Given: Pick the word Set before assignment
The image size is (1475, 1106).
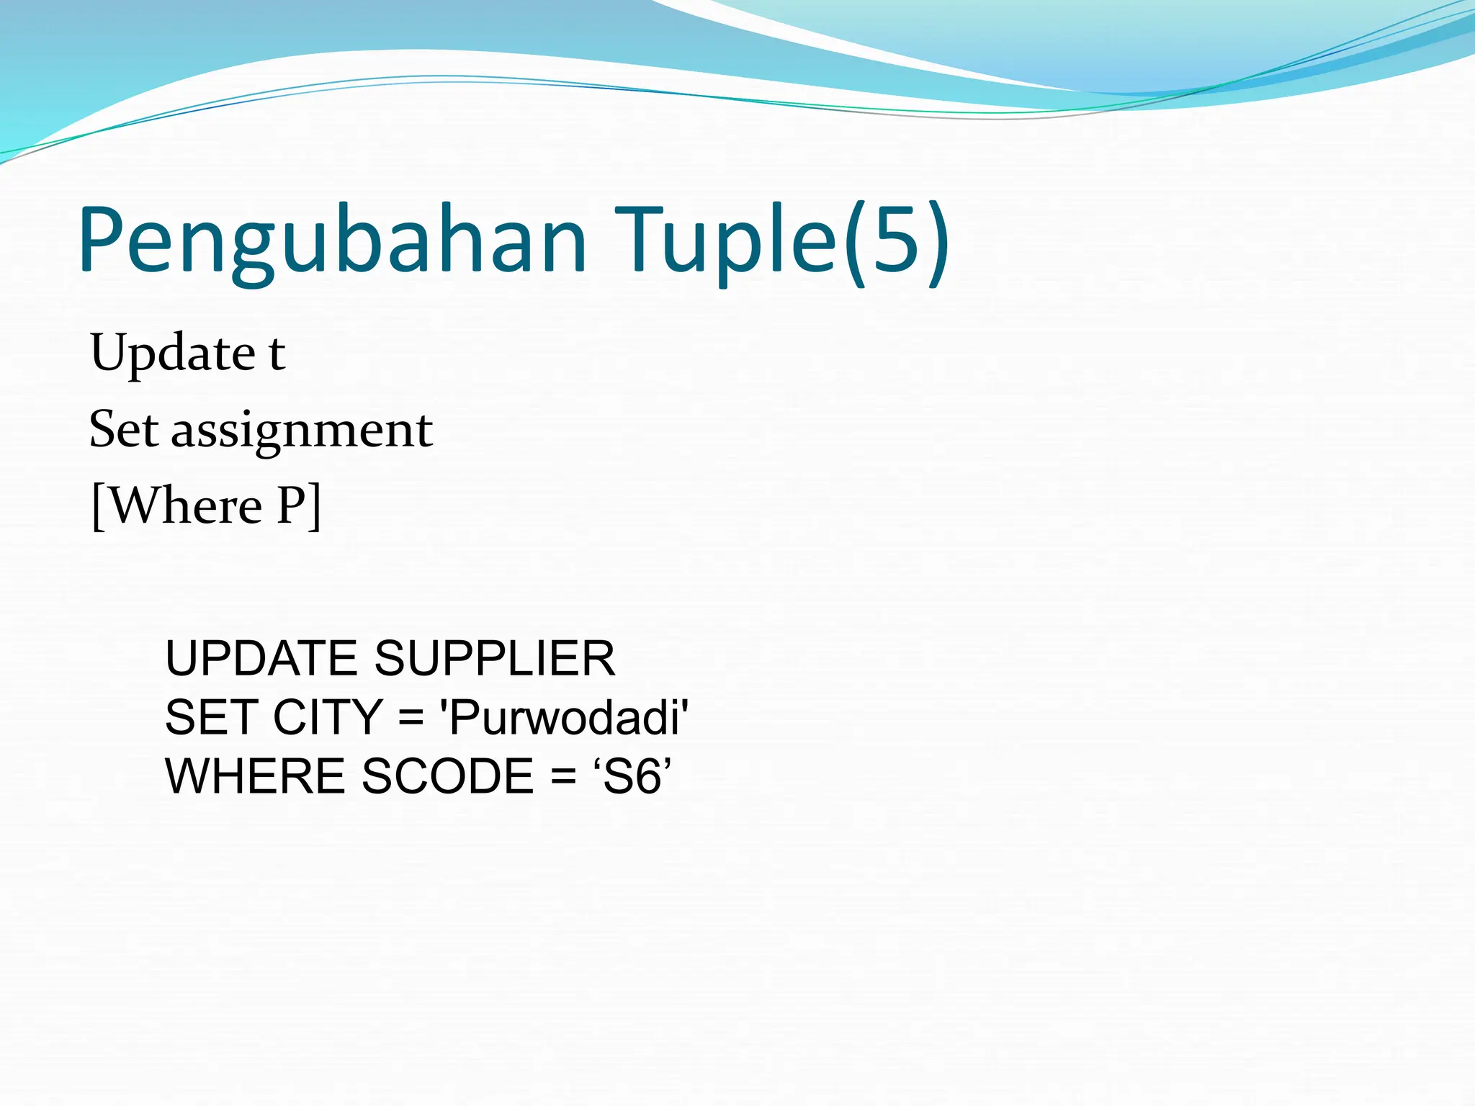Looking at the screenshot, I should [x=123, y=430].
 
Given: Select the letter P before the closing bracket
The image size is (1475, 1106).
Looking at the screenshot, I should [x=292, y=505].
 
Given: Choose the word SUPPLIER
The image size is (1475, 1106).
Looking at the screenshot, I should [x=495, y=659].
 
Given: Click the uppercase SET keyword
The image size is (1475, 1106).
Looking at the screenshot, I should [x=211, y=718].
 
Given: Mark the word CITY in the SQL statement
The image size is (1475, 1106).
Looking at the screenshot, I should [x=328, y=718].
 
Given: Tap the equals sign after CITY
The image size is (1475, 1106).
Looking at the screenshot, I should [x=411, y=719].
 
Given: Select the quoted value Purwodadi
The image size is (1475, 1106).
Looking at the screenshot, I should [x=564, y=718].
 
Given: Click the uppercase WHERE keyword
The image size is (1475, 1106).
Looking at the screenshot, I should [x=255, y=777].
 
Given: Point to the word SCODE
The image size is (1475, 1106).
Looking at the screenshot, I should [x=447, y=777].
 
